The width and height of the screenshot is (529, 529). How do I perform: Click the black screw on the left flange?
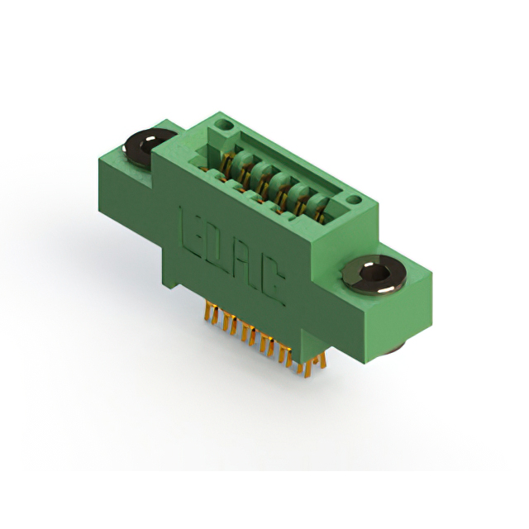(149, 147)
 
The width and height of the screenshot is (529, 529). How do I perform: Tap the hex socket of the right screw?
(374, 271)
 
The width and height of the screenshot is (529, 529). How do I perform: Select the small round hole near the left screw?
(223, 124)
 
